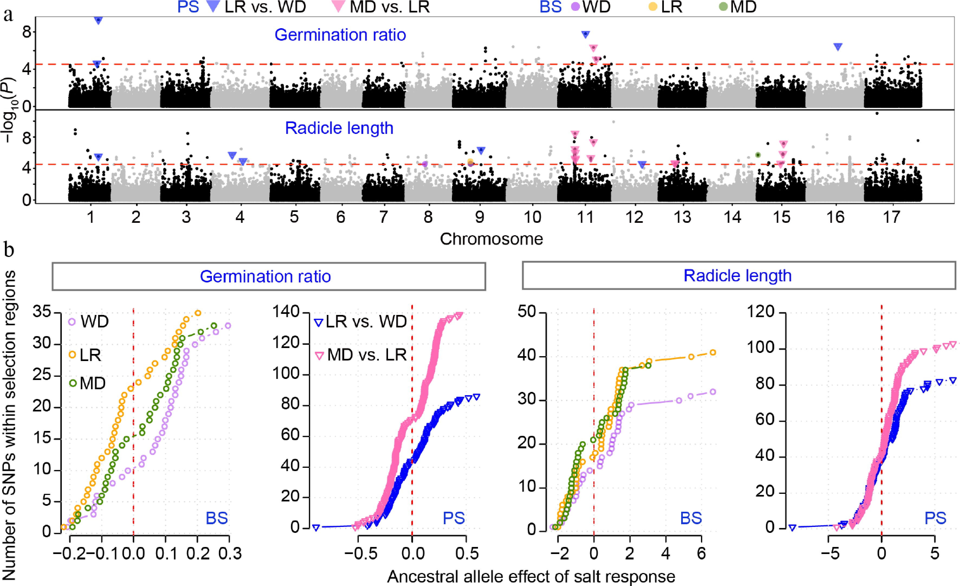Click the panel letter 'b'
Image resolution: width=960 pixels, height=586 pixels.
(9, 249)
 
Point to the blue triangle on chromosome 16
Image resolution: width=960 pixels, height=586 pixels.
(838, 47)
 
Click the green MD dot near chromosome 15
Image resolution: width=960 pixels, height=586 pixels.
(758, 155)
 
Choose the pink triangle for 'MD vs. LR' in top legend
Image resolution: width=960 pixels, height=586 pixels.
(338, 6)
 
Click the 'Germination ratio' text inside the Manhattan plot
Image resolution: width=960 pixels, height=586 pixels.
(340, 35)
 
